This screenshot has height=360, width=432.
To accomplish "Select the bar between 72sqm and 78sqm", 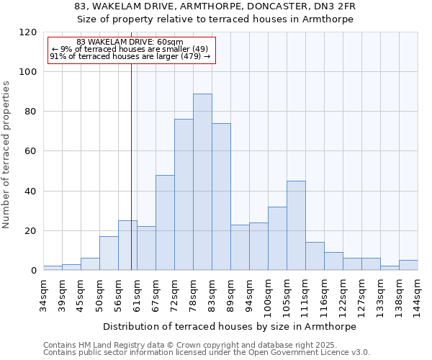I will pyautogui.click(x=184, y=194).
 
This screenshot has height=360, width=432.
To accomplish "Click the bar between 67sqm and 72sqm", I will pyautogui.click(x=165, y=222).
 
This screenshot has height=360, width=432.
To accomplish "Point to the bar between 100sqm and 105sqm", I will pyautogui.click(x=277, y=238).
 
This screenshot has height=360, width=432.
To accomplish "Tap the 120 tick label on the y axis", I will pyautogui.click(x=28, y=32).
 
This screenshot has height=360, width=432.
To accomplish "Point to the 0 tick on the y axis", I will pyautogui.click(x=34, y=271).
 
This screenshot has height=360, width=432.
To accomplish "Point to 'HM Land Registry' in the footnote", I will pyautogui.click(x=107, y=346).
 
